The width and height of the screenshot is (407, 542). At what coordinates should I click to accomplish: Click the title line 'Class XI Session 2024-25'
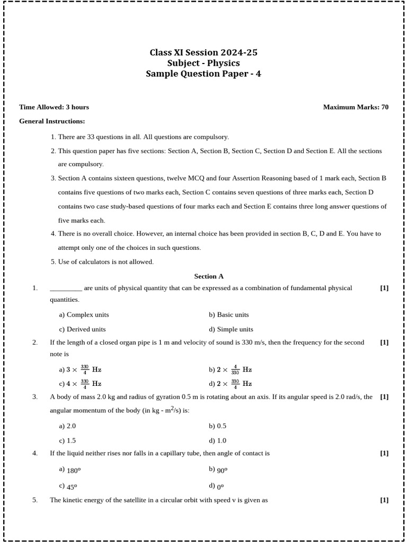click(203, 52)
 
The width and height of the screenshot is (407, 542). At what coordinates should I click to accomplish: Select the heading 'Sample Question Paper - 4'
click(203, 74)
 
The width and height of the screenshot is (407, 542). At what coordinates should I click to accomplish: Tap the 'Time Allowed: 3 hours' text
click(54, 107)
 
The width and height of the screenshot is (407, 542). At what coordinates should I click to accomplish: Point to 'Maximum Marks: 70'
click(356, 107)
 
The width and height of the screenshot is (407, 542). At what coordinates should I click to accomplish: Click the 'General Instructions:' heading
click(52, 121)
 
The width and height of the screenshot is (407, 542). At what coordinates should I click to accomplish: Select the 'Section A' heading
click(209, 276)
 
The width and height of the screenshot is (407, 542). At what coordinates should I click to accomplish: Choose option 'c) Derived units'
click(82, 329)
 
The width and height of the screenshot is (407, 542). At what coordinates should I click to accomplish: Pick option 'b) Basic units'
click(228, 314)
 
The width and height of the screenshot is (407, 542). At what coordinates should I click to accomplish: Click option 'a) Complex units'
click(84, 314)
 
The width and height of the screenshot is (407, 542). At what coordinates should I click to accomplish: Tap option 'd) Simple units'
click(231, 329)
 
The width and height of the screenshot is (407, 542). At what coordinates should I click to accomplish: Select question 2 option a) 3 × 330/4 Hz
click(80, 369)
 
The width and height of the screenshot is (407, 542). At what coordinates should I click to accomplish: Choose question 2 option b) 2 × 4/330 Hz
click(230, 369)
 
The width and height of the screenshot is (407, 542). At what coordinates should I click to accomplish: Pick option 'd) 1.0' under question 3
click(217, 440)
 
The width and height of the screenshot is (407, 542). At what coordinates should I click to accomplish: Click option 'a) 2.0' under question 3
click(67, 426)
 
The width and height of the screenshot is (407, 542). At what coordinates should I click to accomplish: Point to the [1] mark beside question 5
click(384, 500)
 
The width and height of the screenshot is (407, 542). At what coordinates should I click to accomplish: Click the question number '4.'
click(35, 453)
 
